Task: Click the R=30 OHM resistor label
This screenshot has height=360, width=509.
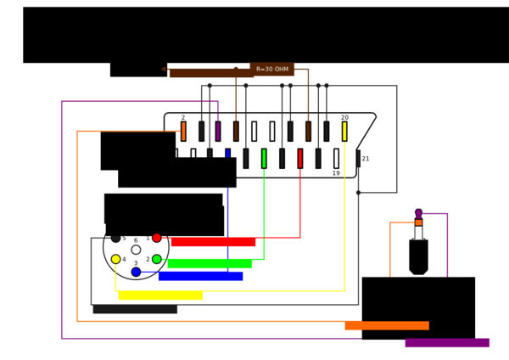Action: click(272, 70)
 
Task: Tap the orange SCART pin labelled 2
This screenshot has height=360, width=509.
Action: click(183, 132)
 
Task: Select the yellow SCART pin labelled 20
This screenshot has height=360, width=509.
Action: click(344, 132)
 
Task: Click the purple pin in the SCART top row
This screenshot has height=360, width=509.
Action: click(218, 132)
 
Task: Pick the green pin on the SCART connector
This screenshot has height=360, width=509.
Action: click(264, 159)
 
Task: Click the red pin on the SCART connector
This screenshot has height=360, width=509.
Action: click(300, 159)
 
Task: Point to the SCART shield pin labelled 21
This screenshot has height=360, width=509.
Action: click(358, 159)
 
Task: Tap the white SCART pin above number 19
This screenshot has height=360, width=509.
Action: click(336, 159)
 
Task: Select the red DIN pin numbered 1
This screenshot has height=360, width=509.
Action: click(157, 238)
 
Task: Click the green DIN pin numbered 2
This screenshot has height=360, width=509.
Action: click(157, 259)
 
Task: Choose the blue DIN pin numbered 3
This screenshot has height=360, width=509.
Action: click(136, 272)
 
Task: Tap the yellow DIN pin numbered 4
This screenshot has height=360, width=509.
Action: click(116, 259)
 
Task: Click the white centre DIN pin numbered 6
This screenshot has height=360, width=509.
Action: click(136, 250)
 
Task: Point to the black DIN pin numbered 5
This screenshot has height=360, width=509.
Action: click(116, 238)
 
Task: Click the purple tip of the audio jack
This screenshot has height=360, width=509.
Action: click(419, 214)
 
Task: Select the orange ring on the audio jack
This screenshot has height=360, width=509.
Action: click(419, 222)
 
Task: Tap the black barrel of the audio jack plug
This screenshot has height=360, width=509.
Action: click(419, 257)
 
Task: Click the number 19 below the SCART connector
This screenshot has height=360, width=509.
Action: click(336, 173)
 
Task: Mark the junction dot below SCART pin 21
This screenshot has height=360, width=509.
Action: click(358, 193)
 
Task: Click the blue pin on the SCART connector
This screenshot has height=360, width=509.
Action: click(228, 154)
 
